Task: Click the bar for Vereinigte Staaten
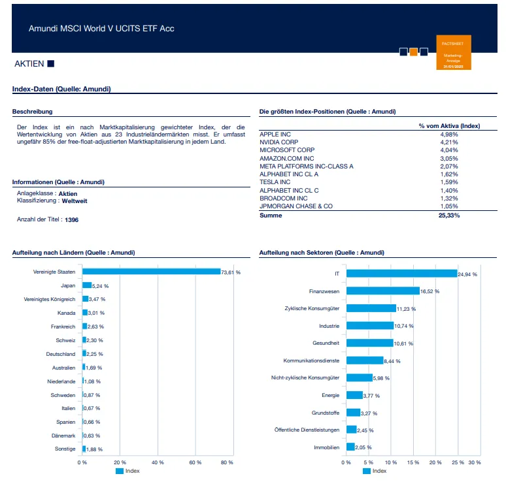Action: [151, 272]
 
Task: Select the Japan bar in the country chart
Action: [87, 285]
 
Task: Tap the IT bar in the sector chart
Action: [401, 274]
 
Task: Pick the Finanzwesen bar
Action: [382, 291]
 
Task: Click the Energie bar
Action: [354, 395]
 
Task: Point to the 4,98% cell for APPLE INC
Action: [450, 134]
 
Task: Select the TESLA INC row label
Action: [276, 182]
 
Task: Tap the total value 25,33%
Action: [448, 215]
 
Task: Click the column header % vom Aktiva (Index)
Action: [449, 125]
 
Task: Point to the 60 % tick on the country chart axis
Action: [195, 462]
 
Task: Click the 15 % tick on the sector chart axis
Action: [413, 462]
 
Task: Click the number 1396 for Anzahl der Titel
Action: [72, 220]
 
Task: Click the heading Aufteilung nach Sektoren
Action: [322, 253]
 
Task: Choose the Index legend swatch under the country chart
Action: [120, 471]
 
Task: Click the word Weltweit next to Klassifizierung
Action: [75, 201]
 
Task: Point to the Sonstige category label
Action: [65, 449]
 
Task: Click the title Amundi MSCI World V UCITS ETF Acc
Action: [101, 29]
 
